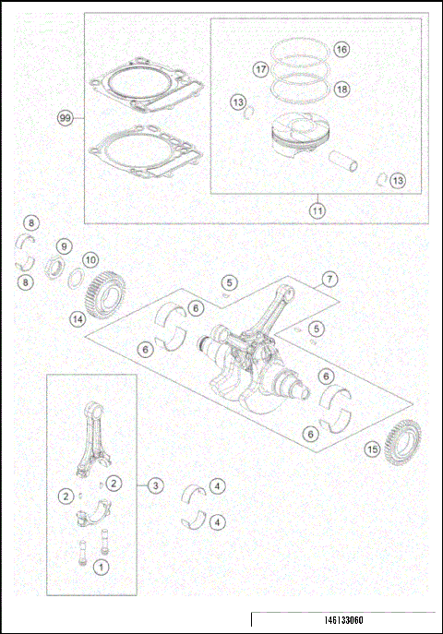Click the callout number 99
[65, 118]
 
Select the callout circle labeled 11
[317, 209]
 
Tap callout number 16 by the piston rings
[341, 49]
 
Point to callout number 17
[261, 69]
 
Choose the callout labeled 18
[341, 90]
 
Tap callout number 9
[64, 246]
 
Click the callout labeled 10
[90, 261]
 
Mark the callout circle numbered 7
[329, 280]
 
